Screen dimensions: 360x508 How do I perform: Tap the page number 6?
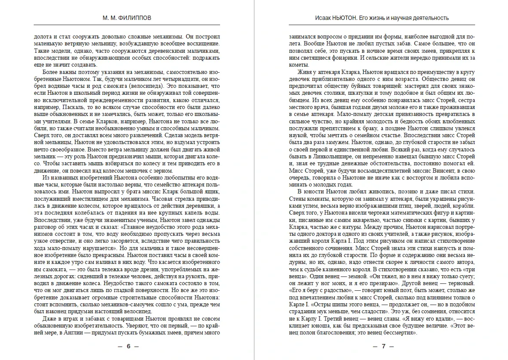click(x=128, y=347)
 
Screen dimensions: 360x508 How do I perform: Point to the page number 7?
click(x=383, y=347)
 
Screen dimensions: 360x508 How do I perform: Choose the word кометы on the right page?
click(x=298, y=64)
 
